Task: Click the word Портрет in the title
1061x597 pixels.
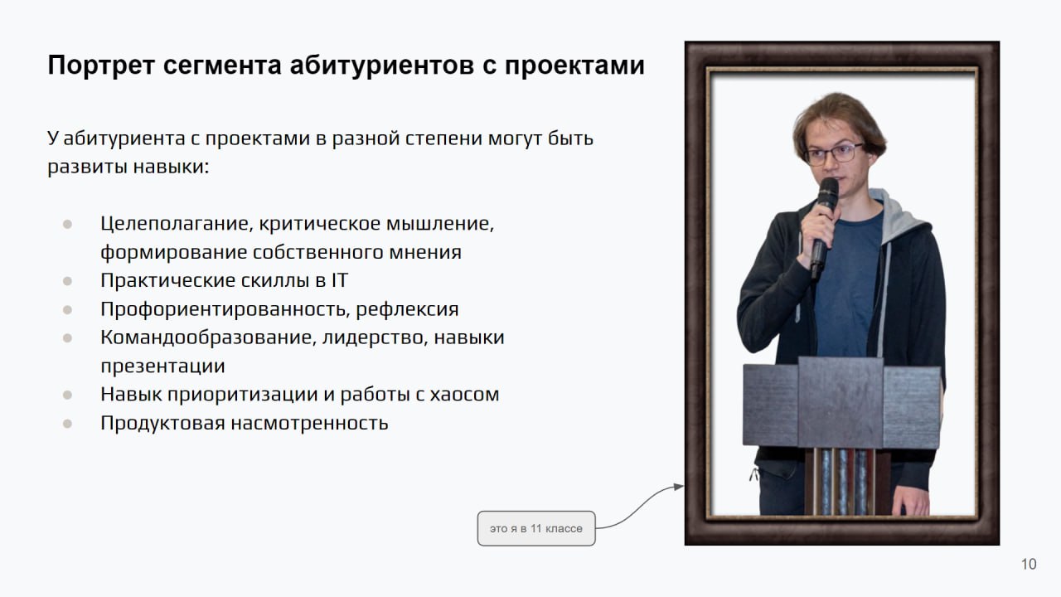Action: coord(101,66)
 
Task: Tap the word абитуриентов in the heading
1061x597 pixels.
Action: coord(382,66)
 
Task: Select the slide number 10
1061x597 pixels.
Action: coord(1029,565)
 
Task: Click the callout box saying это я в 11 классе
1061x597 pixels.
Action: coord(536,528)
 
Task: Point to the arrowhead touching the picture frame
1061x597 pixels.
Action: coord(679,487)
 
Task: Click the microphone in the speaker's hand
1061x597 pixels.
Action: coord(824,225)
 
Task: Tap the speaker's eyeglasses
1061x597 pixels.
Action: coord(834,154)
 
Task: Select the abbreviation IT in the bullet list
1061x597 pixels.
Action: coord(340,280)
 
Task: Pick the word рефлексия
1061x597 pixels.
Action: coord(407,310)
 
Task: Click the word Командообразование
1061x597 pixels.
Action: coord(208,337)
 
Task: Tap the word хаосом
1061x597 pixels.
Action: coord(465,395)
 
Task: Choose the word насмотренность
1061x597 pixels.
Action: coord(309,423)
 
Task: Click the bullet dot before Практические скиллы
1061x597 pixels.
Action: coord(67,281)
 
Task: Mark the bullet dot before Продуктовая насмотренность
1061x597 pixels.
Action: coord(67,424)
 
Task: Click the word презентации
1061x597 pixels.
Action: coord(163,366)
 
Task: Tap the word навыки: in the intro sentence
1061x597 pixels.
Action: coord(171,167)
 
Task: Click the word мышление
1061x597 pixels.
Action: coord(440,224)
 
